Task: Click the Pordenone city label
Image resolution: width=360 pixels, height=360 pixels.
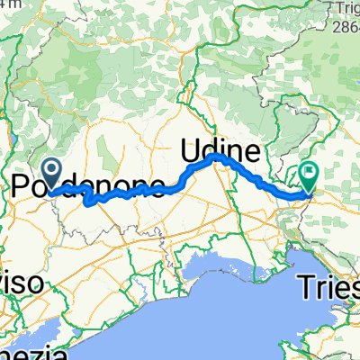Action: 90,186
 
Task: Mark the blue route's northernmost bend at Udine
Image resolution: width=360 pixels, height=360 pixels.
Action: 216,156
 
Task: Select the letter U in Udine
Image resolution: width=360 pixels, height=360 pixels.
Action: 193,146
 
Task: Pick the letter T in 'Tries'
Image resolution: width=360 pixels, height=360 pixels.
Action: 307,288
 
